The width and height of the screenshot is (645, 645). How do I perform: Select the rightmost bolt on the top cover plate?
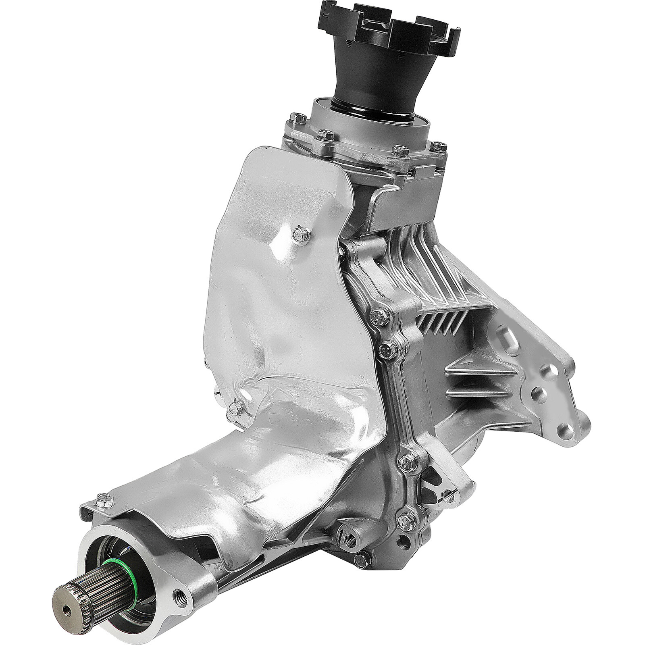click(x=437, y=146)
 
